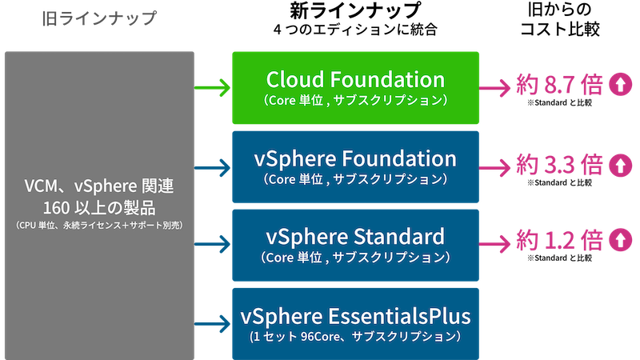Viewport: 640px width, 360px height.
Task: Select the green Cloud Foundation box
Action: (x=355, y=87)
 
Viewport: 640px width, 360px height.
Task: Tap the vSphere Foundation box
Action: (x=355, y=166)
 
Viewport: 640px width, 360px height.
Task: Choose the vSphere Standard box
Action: (x=355, y=244)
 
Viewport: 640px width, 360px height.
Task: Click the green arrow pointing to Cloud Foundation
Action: (x=212, y=87)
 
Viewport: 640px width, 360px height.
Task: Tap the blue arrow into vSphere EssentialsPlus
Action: (x=212, y=322)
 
